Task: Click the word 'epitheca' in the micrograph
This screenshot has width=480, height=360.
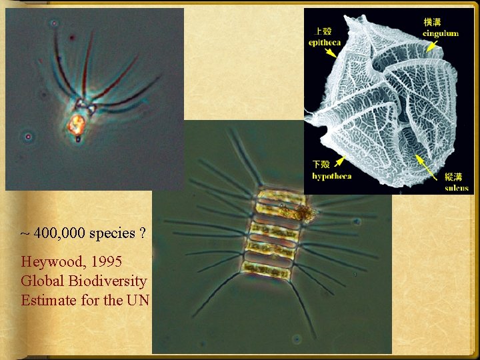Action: click(325, 43)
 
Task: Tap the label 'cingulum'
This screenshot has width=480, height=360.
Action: click(440, 33)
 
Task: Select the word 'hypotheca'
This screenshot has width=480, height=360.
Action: click(332, 176)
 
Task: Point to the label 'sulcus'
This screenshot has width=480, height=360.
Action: click(457, 188)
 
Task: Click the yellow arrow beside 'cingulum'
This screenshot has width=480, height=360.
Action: click(433, 46)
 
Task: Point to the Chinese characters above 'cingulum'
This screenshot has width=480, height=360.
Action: click(432, 22)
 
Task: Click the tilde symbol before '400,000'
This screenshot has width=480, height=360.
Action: click(25, 234)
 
